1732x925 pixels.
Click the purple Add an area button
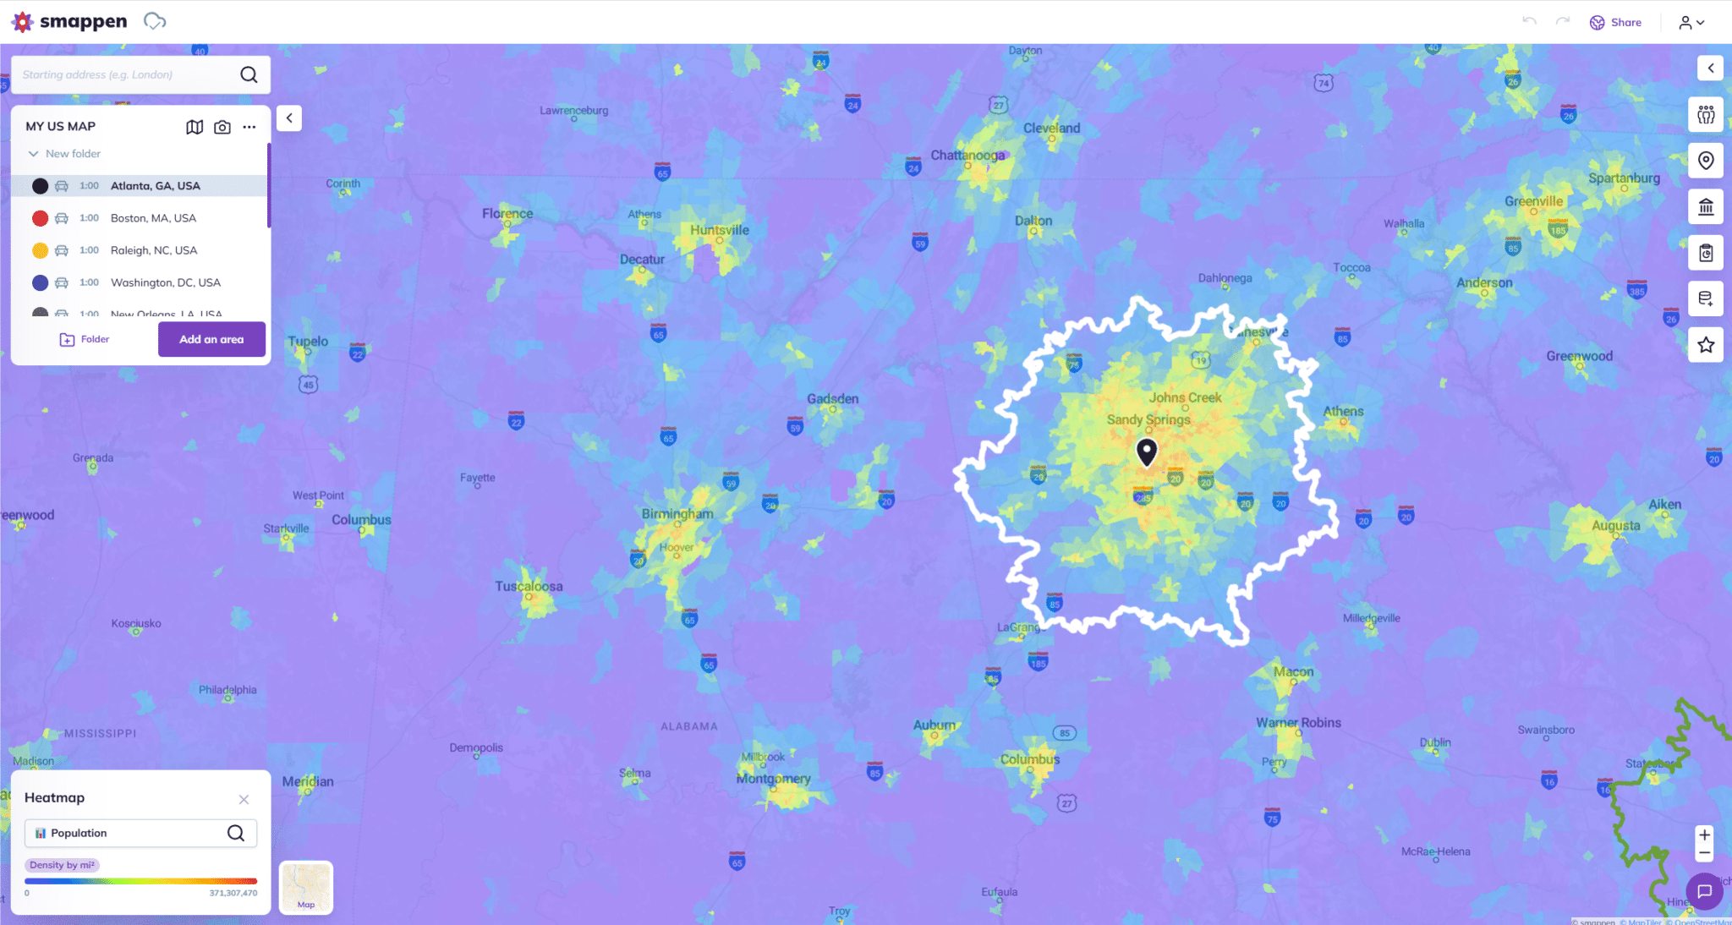point(211,339)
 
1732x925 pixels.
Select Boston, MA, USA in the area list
point(153,218)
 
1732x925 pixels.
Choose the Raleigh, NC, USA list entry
point(153,250)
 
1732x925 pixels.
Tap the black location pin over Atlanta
point(1147,452)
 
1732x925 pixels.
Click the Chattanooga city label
point(967,156)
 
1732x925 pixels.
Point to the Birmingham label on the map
point(677,514)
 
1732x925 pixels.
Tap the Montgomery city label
point(773,779)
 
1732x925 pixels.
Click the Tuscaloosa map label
point(529,586)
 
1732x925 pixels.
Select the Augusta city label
point(1615,526)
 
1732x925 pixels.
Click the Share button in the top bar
point(1616,23)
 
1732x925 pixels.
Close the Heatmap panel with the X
point(244,799)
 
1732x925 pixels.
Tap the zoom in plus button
point(1705,835)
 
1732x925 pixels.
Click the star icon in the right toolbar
point(1706,345)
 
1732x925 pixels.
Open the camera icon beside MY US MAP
point(222,127)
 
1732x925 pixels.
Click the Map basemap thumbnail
point(306,887)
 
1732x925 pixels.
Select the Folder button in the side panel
point(85,339)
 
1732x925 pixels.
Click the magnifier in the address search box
point(249,75)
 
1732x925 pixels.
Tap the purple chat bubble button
point(1704,891)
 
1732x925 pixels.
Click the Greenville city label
point(1533,201)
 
